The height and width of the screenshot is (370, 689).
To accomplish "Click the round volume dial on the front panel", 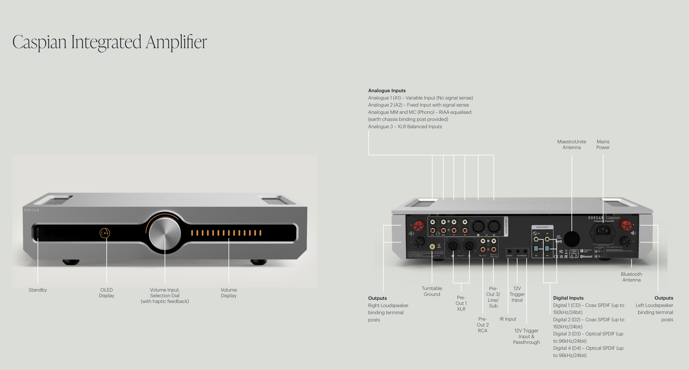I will [165, 233].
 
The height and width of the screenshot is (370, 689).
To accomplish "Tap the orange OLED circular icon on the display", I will [105, 233].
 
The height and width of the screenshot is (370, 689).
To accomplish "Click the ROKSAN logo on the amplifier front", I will [32, 210].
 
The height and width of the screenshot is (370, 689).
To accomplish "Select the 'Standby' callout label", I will [38, 290].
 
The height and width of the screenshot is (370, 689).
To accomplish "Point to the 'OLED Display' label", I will [106, 293].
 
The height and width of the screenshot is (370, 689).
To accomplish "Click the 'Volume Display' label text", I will [229, 293].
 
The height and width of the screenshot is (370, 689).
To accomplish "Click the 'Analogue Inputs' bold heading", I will [387, 91].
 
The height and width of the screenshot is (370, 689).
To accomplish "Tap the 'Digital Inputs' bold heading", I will [568, 298].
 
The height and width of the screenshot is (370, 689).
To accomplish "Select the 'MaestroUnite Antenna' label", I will [572, 144].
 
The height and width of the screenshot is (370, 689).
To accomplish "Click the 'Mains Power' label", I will [603, 144].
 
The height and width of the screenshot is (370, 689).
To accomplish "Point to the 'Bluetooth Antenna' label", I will [631, 277].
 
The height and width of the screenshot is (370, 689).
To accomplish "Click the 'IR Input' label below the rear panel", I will [508, 319].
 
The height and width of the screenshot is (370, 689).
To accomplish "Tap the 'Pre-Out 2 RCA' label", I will [483, 325].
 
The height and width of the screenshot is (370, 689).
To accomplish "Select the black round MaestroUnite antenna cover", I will [572, 239].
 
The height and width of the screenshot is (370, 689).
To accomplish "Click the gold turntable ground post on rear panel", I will [432, 246].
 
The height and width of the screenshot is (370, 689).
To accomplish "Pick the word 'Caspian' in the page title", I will [39, 42].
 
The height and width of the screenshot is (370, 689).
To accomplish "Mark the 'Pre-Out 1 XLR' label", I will [461, 303].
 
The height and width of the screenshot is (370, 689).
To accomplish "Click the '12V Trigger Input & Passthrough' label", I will [526, 336].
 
